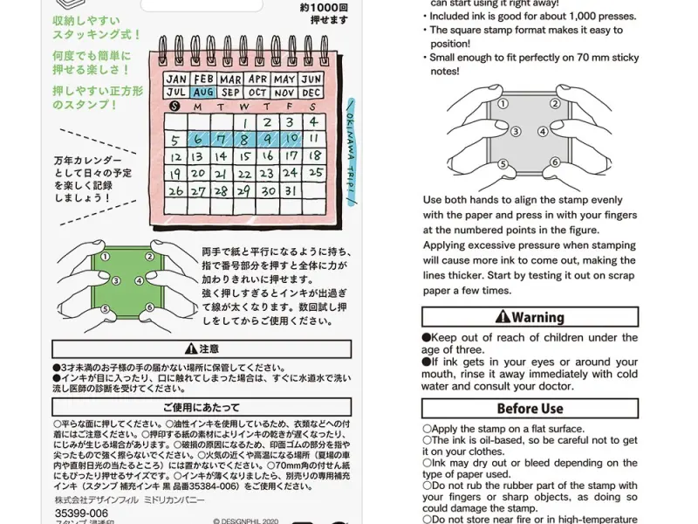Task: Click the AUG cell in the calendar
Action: (x=203, y=92)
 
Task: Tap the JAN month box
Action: (x=176, y=79)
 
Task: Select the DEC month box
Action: (x=311, y=92)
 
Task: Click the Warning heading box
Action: (x=530, y=317)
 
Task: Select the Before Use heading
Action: (x=530, y=409)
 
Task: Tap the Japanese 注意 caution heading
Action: (x=202, y=349)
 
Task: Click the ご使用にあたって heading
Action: (x=202, y=407)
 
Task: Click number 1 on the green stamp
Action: (x=106, y=257)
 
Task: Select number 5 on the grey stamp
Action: (x=503, y=163)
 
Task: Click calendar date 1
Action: (x=246, y=123)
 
